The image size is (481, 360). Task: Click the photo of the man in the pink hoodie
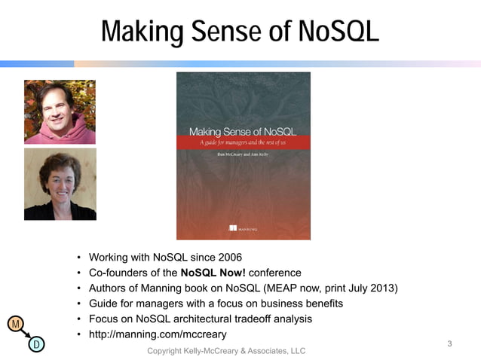coord(60,112)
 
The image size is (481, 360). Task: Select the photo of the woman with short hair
coord(60,184)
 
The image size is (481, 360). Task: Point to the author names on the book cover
coord(243,154)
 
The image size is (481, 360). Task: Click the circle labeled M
coord(14,324)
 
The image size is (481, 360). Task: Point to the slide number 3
coord(449,344)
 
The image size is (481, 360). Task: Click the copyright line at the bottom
coord(226,352)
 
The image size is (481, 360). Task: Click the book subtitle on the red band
coord(243,142)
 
